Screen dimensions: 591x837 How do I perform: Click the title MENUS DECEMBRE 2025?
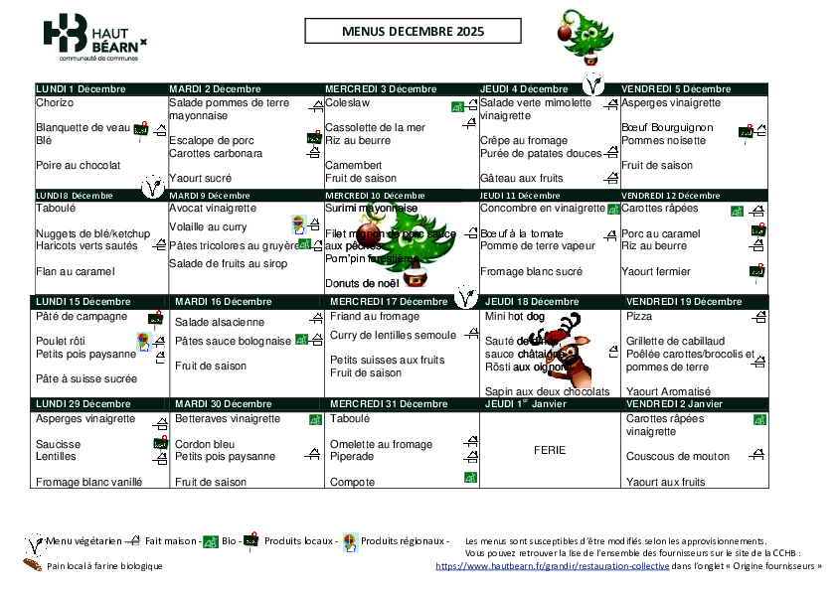[412, 33]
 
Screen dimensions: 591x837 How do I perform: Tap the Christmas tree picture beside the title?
[582, 35]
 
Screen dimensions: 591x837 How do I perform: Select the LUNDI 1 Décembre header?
[81, 89]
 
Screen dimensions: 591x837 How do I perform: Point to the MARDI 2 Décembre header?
[215, 89]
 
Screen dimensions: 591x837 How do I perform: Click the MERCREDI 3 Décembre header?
[381, 89]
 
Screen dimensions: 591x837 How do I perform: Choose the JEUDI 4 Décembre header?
[526, 89]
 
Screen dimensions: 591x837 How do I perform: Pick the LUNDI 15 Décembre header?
[84, 301]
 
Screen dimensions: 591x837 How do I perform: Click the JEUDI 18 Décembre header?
[532, 301]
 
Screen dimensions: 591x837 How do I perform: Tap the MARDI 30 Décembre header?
[223, 404]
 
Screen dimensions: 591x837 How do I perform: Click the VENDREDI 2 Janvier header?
[674, 404]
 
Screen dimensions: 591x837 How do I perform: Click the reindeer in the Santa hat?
[572, 353]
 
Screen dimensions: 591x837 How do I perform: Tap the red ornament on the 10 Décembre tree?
[369, 235]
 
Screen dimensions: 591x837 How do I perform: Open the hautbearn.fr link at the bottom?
[553, 565]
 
